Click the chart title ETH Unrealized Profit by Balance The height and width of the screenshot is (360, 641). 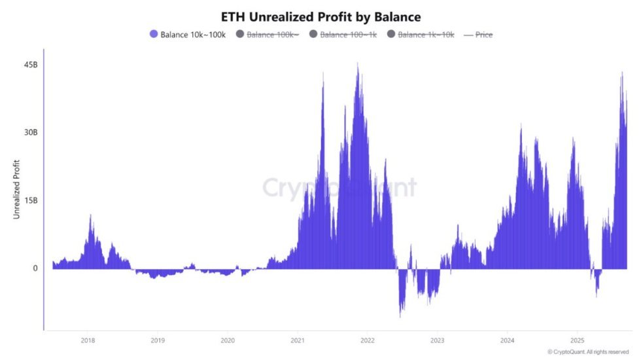[x=320, y=16]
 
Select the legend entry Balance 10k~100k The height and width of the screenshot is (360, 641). [x=193, y=34]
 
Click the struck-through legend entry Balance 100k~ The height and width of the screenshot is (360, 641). [x=272, y=34]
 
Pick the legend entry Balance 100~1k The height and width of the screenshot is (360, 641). [x=348, y=34]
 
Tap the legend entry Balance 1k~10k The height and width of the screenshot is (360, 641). [x=426, y=34]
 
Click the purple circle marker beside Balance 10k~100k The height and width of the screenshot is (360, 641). [x=154, y=34]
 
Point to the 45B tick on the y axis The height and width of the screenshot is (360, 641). [x=30, y=64]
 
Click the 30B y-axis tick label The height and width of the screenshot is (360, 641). [x=30, y=132]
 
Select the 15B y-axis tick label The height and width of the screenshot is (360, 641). [x=30, y=200]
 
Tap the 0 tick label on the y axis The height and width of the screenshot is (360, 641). [x=35, y=268]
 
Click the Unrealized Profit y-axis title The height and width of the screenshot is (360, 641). [x=16, y=189]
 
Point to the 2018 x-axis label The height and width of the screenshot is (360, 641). [x=88, y=340]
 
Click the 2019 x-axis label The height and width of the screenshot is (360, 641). [x=158, y=340]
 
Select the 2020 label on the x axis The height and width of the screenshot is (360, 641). [x=228, y=340]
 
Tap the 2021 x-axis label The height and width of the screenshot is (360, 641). [x=298, y=340]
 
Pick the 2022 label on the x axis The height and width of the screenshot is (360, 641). [x=368, y=340]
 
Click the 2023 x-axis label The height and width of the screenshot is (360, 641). [x=438, y=340]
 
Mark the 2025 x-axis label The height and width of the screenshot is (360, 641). [x=578, y=340]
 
